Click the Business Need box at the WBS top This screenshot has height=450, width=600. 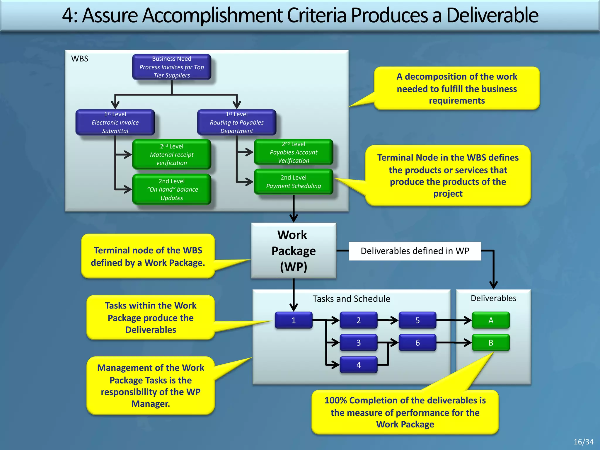click(x=171, y=67)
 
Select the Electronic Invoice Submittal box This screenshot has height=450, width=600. click(x=115, y=122)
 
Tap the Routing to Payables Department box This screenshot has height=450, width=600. click(x=236, y=122)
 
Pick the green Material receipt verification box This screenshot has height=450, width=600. click(x=171, y=154)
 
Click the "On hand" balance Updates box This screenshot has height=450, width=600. click(x=171, y=189)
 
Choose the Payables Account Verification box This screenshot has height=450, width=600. click(x=293, y=152)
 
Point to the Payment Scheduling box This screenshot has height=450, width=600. click(x=293, y=182)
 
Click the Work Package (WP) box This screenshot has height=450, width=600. click(x=293, y=250)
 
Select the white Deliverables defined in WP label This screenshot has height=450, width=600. click(x=415, y=251)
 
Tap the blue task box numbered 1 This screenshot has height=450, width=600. click(x=293, y=320)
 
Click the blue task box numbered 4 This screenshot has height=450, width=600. click(x=358, y=365)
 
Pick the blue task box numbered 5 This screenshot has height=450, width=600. click(x=417, y=320)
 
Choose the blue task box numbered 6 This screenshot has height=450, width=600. click(x=417, y=342)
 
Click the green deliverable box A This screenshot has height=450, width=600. click(x=491, y=320)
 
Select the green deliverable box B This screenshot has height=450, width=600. click(x=491, y=342)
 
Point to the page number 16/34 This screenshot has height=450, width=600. click(x=583, y=442)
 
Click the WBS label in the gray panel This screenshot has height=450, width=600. click(x=79, y=59)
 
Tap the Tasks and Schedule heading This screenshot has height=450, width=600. click(x=351, y=299)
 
